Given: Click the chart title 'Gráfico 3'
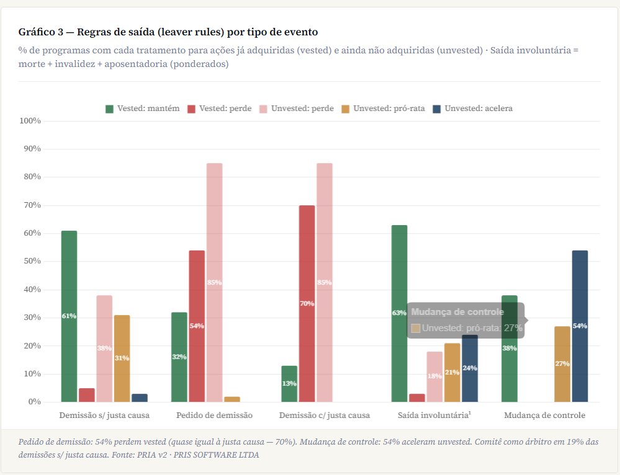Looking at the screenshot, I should (168, 32).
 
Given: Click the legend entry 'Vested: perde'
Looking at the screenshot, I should (220, 109).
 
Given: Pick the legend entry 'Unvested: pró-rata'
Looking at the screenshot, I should (383, 109).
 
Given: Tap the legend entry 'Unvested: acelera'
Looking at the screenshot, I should (473, 109).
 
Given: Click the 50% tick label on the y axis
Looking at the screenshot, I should (31, 262).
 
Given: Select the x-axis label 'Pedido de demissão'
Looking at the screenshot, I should (214, 415).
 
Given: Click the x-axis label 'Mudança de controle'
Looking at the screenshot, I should (544, 415).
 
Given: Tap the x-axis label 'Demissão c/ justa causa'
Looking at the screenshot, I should (325, 415).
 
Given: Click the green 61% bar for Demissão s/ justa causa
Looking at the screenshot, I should (69, 316).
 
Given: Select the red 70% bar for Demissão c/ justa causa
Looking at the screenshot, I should (307, 304).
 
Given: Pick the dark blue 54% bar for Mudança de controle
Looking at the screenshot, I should (580, 326).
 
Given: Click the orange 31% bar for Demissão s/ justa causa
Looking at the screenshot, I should (122, 358).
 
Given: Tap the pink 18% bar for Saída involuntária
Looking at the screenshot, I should (434, 376).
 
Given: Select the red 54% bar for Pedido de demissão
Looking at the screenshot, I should (197, 326).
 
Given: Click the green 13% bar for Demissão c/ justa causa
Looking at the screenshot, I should (289, 384).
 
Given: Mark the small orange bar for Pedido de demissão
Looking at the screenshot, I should (231, 399).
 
